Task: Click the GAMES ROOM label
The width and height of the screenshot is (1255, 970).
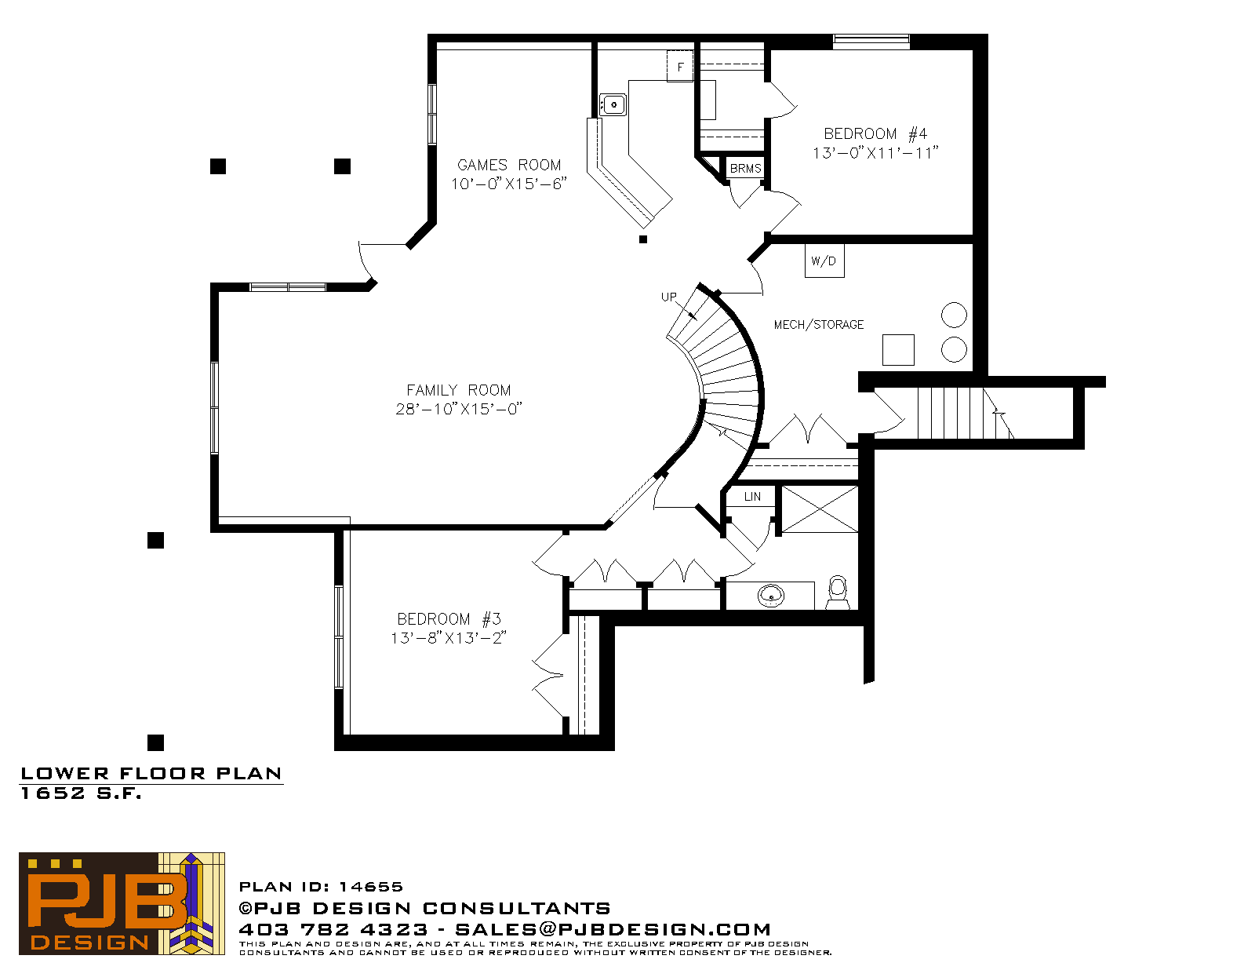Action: coord(509,166)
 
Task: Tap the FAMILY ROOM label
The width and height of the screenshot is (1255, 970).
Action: coord(459,391)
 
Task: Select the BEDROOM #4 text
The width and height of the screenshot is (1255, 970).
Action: coord(875,134)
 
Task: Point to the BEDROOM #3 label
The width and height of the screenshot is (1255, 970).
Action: coord(449,619)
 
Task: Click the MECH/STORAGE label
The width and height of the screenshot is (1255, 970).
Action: coord(818,325)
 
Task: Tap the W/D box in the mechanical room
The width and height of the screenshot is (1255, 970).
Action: coord(824,261)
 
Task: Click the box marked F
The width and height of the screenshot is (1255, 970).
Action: coord(680,67)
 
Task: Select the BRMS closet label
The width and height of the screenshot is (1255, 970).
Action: coord(745,169)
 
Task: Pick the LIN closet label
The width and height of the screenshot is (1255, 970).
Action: coord(752,497)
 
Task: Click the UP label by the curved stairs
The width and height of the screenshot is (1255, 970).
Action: coord(668,297)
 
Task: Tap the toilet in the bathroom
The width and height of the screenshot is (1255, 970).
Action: coord(838,593)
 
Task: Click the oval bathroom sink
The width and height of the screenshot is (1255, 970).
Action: coord(771,596)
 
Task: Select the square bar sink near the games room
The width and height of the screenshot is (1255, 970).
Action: coord(613,105)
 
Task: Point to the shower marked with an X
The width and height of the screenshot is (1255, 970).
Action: coord(820,509)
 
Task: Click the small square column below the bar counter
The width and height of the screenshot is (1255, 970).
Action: coord(643,239)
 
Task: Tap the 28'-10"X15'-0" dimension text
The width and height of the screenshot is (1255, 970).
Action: coord(459,409)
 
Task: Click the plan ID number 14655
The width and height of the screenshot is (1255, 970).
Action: coord(371,887)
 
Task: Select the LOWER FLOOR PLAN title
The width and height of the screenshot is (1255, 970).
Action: coord(151,774)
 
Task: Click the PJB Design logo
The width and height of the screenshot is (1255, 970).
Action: coord(122,903)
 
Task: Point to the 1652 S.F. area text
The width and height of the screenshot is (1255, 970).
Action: coord(82,793)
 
